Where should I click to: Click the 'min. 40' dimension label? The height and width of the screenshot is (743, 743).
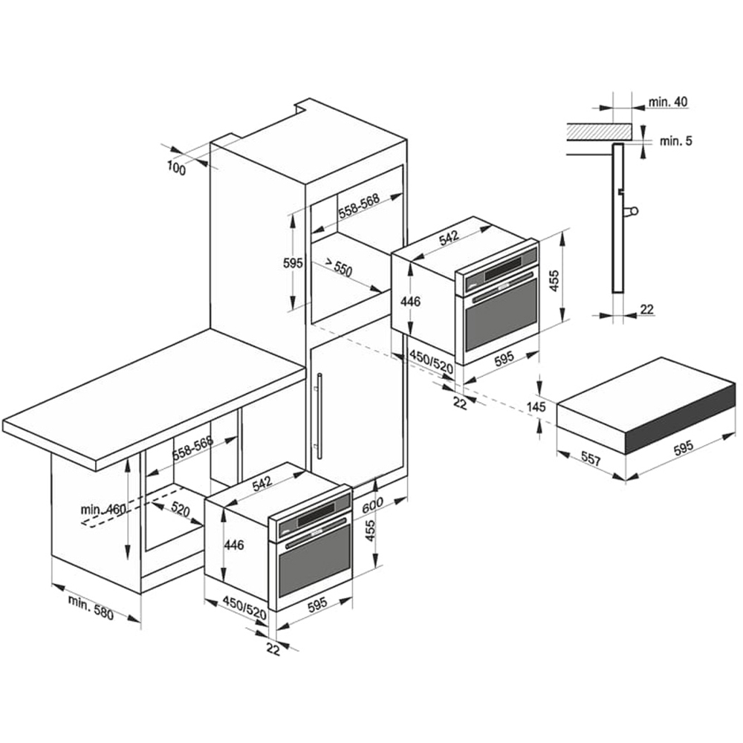coord(668,101)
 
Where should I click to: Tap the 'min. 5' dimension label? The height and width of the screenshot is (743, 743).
coord(675,140)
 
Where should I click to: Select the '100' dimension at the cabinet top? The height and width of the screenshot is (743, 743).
coord(176,168)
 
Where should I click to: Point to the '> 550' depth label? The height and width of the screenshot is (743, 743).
coord(338,267)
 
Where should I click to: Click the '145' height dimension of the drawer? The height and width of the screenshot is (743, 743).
coord(536,406)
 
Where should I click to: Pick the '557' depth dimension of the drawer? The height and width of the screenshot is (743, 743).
coord(591,458)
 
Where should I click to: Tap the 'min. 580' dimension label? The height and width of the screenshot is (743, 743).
coord(91,608)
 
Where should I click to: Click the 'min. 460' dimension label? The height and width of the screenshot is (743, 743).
coord(103,510)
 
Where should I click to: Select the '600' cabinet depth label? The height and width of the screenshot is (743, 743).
coord(372,505)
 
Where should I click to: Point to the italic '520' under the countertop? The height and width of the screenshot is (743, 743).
coord(180,510)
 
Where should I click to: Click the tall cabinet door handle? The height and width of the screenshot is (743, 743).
coord(319,416)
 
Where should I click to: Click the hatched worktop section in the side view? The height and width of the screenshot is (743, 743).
coord(600,132)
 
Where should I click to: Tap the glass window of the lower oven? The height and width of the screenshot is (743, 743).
coord(314,560)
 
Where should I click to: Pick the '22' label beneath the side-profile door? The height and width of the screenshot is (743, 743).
coord(647,309)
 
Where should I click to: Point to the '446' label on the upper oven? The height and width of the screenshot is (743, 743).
coord(410,301)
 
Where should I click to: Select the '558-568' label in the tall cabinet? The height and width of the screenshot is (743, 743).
coord(359,206)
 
